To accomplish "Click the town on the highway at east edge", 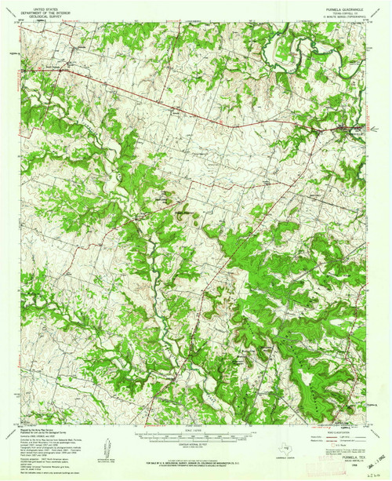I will point(345,127).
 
